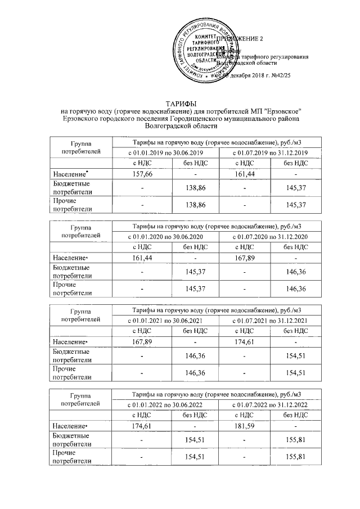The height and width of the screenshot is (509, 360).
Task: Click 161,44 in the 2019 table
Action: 245,175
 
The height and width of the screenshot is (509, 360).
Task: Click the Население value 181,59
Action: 245,426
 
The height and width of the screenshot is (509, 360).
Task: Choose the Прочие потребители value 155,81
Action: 296,456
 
